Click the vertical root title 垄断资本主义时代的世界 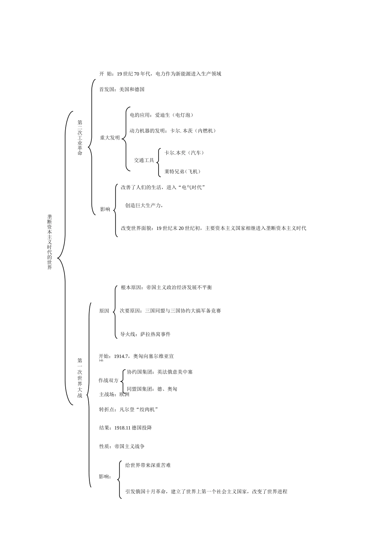pyautogui.click(x=49, y=242)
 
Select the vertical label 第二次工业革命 pyautogui.click(x=80, y=138)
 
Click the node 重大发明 pyautogui.click(x=110, y=138)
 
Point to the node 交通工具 pyautogui.click(x=144, y=160)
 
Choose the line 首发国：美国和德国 pyautogui.click(x=122, y=89)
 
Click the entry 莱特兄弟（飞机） pyautogui.click(x=182, y=171)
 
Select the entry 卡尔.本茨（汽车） pyautogui.click(x=184, y=153)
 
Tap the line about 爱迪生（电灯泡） pyautogui.click(x=161, y=115)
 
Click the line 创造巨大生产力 pyautogui.click(x=144, y=205)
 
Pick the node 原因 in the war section pyautogui.click(x=104, y=311)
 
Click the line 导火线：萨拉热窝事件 pyautogui.click(x=145, y=334)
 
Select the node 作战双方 pyautogui.click(x=109, y=381)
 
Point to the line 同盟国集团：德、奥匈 pyautogui.click(x=152, y=389)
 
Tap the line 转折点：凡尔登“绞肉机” pyautogui.click(x=128, y=409)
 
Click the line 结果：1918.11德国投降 pyautogui.click(x=125, y=428)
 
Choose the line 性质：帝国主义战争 pyautogui.click(x=122, y=446)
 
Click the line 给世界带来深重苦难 pyautogui.click(x=148, y=465)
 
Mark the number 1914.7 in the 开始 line pyautogui.click(x=121, y=356)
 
